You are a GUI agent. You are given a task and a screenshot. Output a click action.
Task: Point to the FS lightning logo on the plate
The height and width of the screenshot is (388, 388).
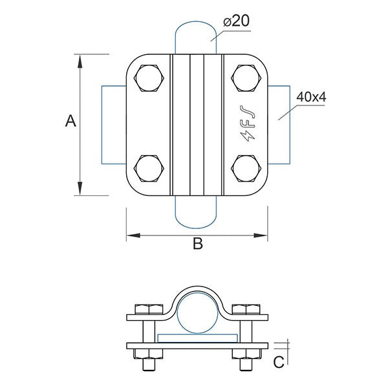pos(247,124)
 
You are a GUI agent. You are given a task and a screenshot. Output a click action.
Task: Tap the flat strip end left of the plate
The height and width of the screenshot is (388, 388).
pos(114,124)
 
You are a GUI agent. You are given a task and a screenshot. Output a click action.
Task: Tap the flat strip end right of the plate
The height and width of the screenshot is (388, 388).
pos(280,124)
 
